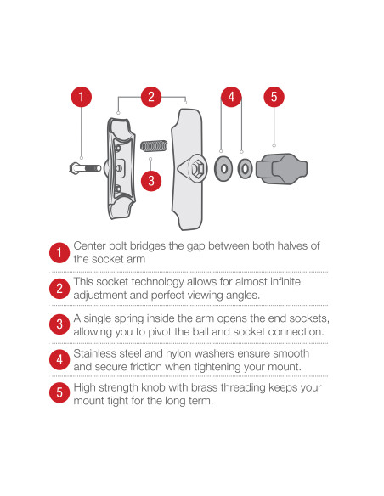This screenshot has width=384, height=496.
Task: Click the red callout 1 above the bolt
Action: click(82, 97)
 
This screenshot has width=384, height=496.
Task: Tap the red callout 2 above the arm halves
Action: click(151, 97)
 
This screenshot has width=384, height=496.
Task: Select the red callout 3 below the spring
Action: click(151, 181)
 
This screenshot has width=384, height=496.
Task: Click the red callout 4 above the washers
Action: click(231, 97)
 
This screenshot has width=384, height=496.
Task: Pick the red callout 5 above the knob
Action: click(274, 97)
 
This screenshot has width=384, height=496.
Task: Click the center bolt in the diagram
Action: click(85, 167)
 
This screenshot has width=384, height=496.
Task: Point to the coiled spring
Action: click(154, 146)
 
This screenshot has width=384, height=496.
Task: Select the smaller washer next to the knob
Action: click(246, 168)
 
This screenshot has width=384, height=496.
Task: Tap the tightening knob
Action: click(281, 169)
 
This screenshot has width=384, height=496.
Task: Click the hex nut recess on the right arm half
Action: click(198, 168)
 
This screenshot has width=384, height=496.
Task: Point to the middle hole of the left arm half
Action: click(119, 167)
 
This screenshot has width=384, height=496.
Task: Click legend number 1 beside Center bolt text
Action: click(59, 253)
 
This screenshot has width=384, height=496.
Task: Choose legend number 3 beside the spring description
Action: click(59, 324)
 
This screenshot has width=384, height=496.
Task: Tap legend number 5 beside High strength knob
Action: click(59, 392)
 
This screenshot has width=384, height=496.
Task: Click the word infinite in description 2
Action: click(285, 281)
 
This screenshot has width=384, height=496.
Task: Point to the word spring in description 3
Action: click(129, 318)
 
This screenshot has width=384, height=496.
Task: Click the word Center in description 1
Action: click(89, 245)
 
